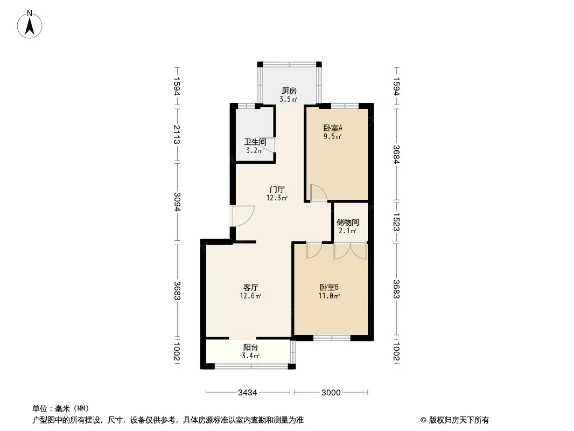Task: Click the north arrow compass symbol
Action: click(30, 25)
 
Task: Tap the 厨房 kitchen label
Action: click(289, 91)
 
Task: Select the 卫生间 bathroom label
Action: click(255, 142)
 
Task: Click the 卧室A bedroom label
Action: click(333, 128)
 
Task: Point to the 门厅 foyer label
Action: click(277, 189)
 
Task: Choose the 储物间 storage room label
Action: click(347, 223)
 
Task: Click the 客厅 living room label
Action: click(251, 287)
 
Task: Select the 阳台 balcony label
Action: click(251, 347)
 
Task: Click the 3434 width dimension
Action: click(248, 393)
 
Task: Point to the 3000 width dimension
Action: click(331, 393)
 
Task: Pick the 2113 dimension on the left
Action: click(177, 134)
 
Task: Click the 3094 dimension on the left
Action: click(177, 202)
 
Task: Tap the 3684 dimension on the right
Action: click(396, 154)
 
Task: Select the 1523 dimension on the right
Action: click(396, 223)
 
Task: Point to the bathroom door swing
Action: click(269, 145)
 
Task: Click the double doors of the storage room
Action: click(351, 251)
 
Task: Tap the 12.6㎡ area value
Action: click(250, 296)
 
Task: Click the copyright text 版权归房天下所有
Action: click(459, 420)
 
